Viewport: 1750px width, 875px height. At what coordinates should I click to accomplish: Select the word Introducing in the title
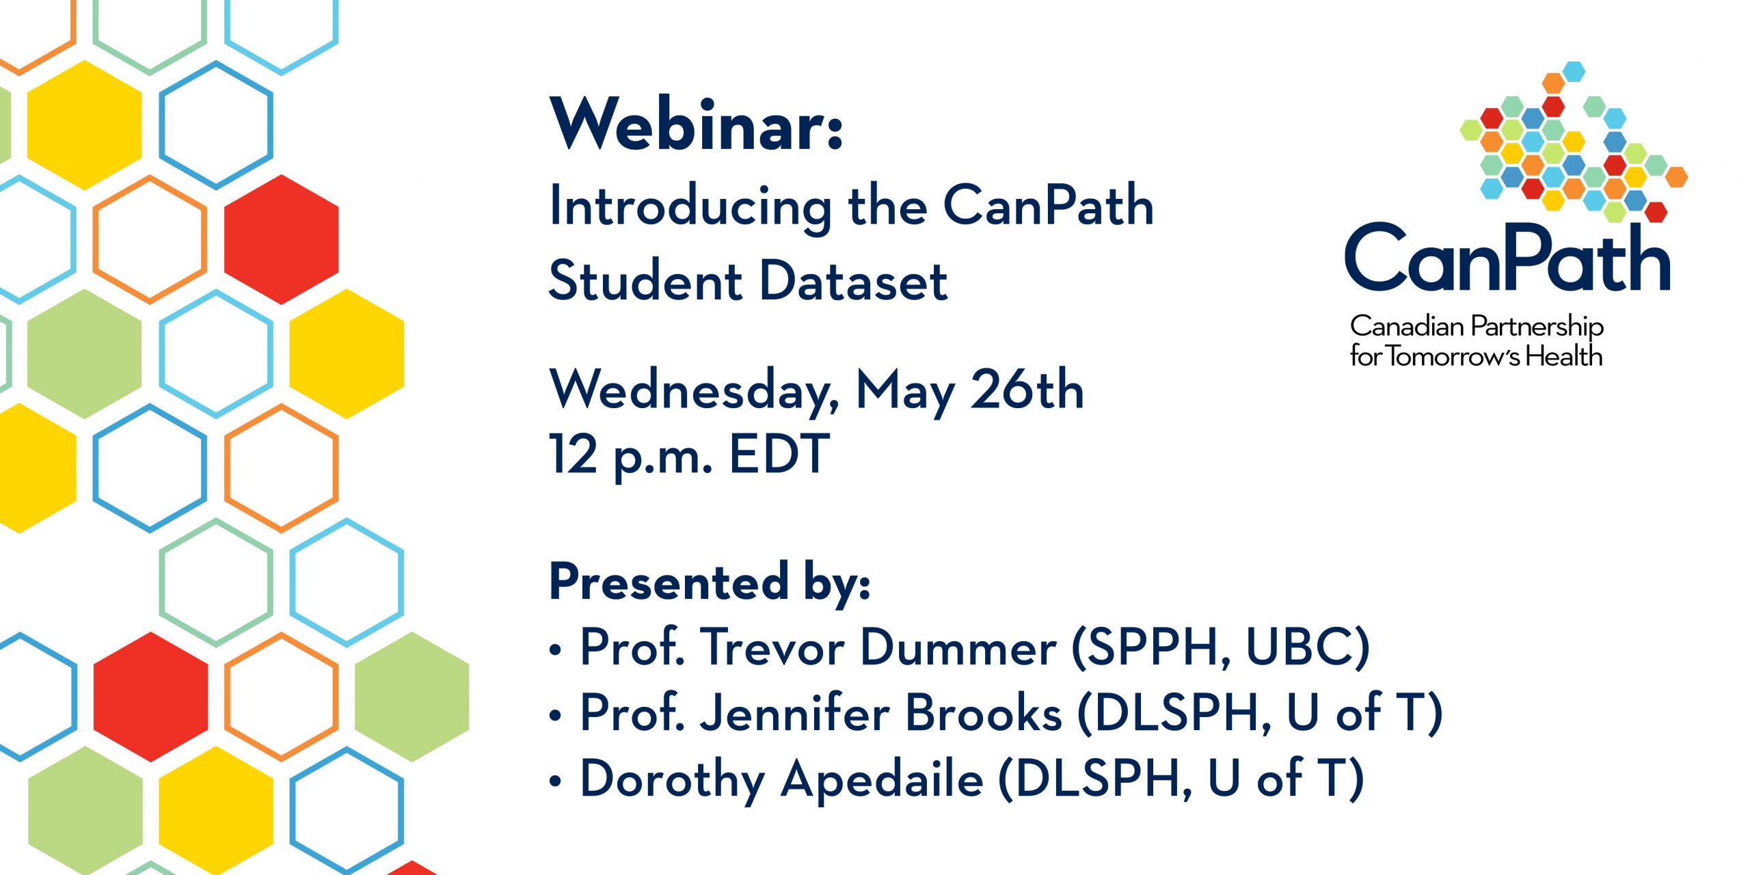click(691, 207)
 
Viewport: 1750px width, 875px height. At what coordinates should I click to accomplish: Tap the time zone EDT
click(779, 454)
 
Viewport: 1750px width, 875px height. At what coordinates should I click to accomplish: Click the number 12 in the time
click(574, 454)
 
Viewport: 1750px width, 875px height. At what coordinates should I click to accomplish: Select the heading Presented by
click(710, 582)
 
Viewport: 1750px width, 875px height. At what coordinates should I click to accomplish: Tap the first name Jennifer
click(796, 712)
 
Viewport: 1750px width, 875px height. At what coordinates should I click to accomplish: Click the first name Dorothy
click(673, 779)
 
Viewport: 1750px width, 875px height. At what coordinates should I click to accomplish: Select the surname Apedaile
click(882, 779)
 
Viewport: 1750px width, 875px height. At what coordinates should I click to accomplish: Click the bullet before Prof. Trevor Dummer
click(555, 649)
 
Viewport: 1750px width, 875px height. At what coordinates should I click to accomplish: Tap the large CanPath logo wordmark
click(1508, 258)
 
